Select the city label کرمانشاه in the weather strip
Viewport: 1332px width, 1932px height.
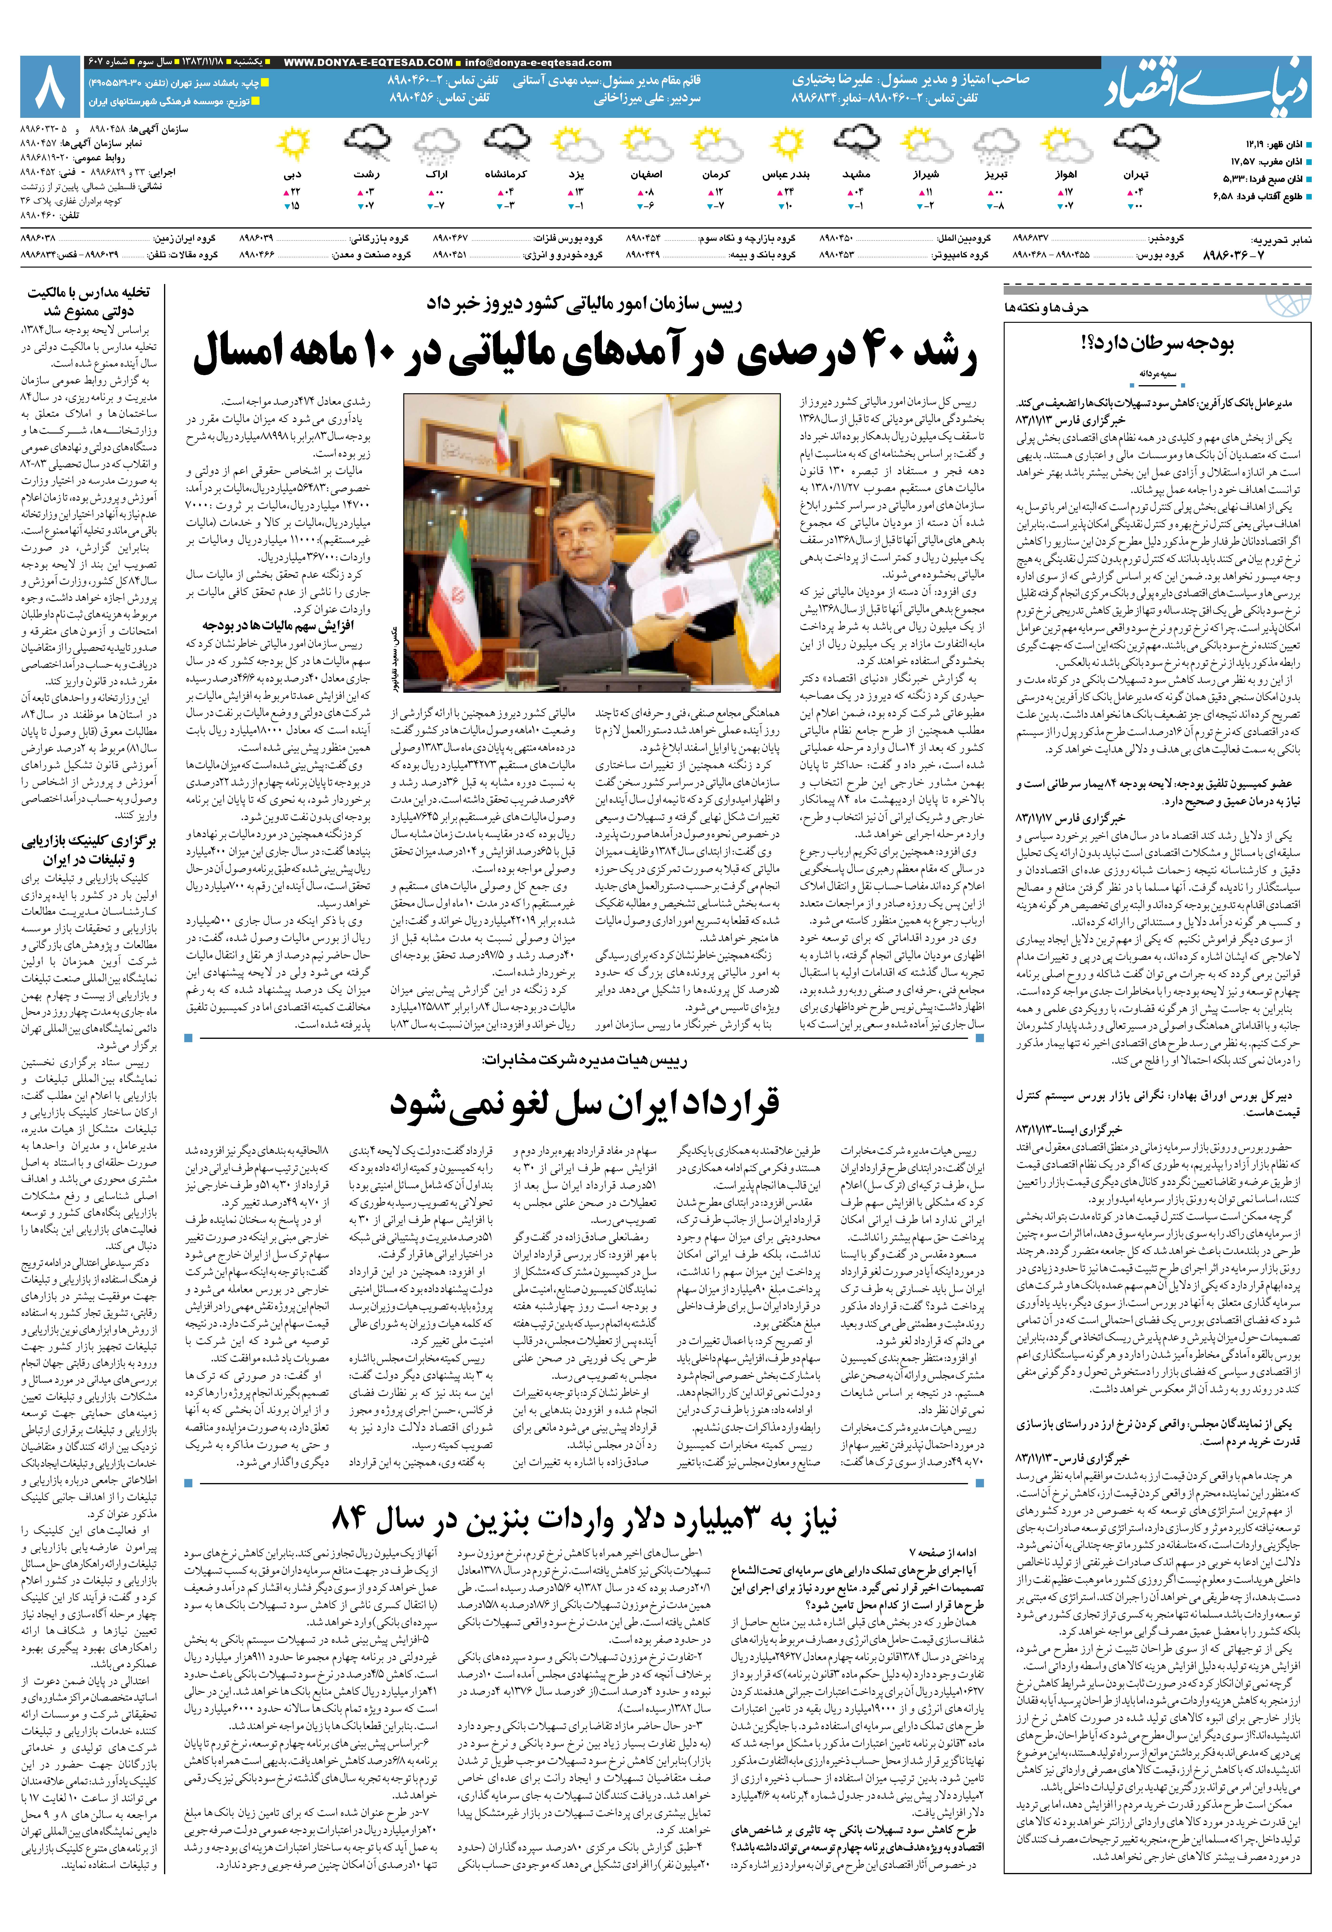click(x=506, y=175)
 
